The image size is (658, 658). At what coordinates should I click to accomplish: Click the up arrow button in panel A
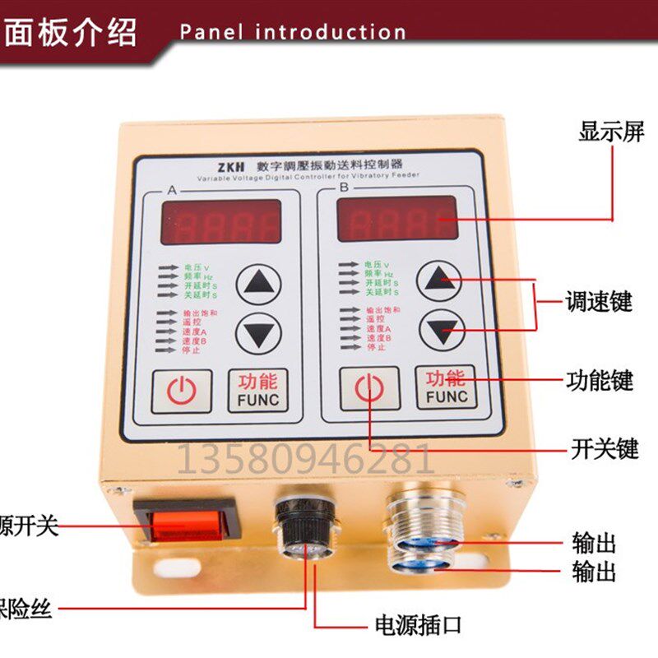258,285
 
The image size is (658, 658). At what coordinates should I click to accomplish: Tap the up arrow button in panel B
442,281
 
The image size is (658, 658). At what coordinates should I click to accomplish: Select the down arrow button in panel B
442,331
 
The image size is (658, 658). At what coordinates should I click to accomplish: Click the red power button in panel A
181,392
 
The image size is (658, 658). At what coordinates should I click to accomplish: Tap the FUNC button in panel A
258,391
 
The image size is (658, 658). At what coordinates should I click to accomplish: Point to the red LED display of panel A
220,221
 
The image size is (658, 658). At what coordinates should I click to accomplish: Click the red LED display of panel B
397,218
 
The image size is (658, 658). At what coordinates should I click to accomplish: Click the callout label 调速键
599,301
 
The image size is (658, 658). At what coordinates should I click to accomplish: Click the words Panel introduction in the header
293,33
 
